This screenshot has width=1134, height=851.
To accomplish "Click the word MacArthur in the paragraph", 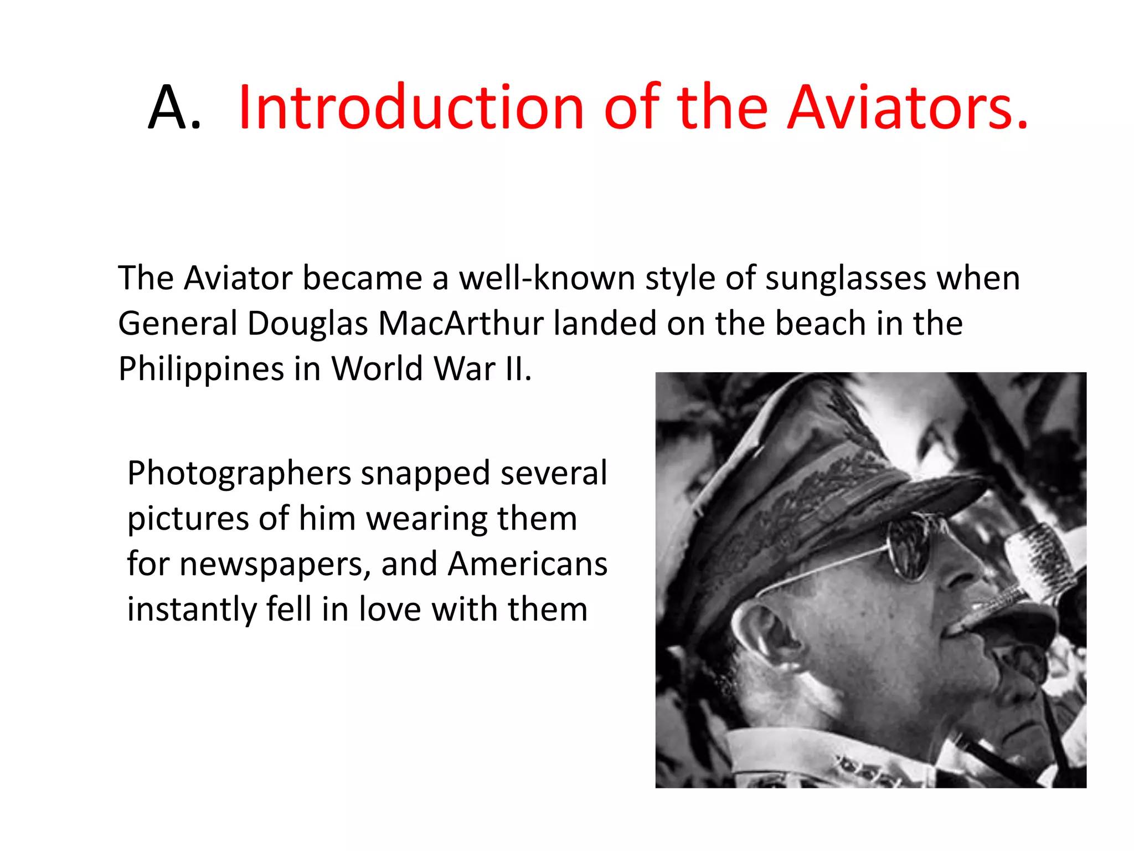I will pos(461,324).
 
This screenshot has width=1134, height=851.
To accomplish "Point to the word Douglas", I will pos(307,324).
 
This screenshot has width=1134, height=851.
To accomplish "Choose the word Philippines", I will pos(201,369).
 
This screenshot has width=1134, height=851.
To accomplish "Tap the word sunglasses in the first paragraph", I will pos(846,278).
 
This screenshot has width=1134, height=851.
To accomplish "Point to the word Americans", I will pos(527,565).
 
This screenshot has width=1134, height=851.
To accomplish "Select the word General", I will pos(178,324).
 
